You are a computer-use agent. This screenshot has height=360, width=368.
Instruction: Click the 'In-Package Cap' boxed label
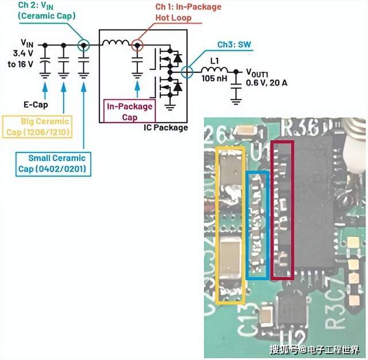129,112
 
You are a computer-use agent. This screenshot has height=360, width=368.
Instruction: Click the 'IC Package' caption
165,127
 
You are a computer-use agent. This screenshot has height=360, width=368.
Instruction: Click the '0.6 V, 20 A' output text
266,83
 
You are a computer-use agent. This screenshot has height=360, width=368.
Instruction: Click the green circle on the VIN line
83,44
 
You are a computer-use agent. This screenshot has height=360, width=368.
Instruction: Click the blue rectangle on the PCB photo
257,225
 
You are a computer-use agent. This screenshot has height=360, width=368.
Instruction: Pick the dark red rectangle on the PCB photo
282,210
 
